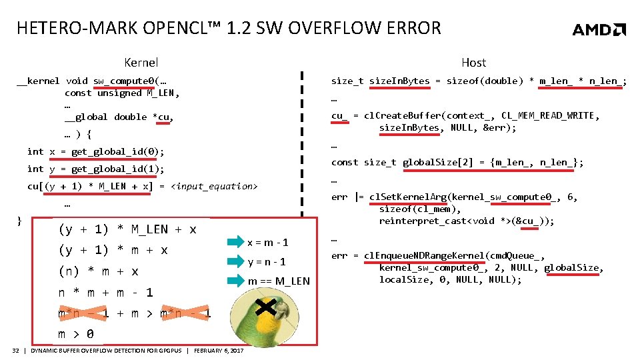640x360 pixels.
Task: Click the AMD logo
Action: (x=599, y=29)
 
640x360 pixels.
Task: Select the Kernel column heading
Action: (x=141, y=63)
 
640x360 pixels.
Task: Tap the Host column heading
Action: (x=473, y=63)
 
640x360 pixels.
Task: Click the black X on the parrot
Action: (x=265, y=307)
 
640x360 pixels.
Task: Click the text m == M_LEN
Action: (x=279, y=281)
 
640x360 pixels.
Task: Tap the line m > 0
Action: (x=75, y=334)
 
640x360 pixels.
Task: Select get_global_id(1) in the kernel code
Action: (x=117, y=169)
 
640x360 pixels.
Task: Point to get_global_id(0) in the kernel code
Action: (x=117, y=151)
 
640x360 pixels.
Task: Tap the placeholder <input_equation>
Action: (x=215, y=186)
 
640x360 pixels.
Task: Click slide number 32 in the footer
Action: (x=16, y=351)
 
